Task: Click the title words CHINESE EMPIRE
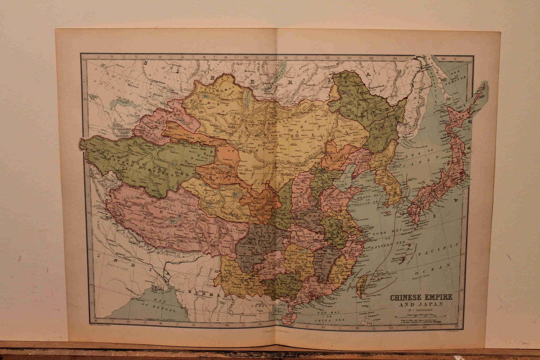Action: tap(421, 298)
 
